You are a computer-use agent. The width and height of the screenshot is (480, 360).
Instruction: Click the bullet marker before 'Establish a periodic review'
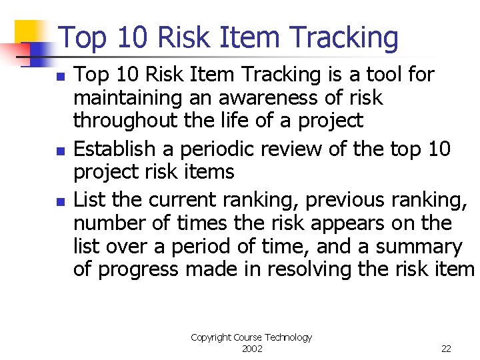click(x=60, y=151)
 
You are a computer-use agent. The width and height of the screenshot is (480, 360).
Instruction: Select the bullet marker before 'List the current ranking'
click(x=60, y=201)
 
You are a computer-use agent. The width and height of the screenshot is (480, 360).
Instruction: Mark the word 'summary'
click(x=419, y=247)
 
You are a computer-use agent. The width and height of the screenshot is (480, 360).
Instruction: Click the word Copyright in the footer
click(x=211, y=338)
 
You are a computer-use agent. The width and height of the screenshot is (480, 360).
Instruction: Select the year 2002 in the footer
click(x=251, y=349)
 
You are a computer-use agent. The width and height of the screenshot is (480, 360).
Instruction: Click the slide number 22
click(x=446, y=349)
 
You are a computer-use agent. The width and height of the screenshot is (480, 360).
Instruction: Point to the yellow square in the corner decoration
click(x=29, y=32)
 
